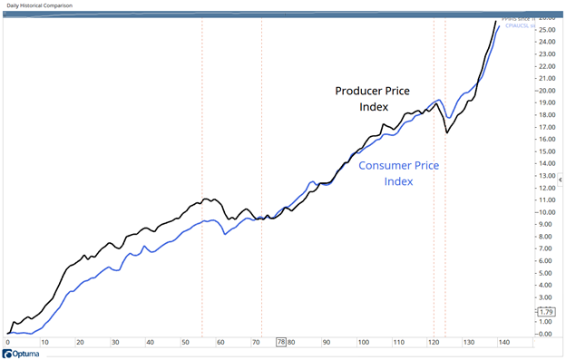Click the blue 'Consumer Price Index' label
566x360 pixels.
pyautogui.click(x=399, y=173)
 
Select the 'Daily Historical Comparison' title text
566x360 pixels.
pyautogui.click(x=42, y=5)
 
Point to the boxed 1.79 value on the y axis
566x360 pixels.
pyautogui.click(x=546, y=312)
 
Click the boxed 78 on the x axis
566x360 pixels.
pyautogui.click(x=281, y=343)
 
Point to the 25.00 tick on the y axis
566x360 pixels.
pyautogui.click(x=547, y=30)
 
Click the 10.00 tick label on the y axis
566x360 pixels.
pyautogui.click(x=547, y=212)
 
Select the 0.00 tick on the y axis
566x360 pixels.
pyautogui.click(x=547, y=334)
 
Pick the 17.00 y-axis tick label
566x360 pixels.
pyautogui.click(x=547, y=127)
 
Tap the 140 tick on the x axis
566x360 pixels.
pyautogui.click(x=503, y=343)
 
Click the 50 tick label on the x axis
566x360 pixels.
pyautogui.click(x=185, y=343)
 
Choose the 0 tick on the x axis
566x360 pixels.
pyautogui.click(x=8, y=343)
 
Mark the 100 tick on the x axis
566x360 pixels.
pyautogui.click(x=362, y=343)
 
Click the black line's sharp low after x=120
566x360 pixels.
pyautogui.click(x=446, y=133)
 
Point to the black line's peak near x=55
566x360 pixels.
pyautogui.click(x=205, y=198)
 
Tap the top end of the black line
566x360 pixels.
pyautogui.click(x=495, y=21)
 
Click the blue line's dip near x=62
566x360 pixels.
pyautogui.click(x=225, y=234)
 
